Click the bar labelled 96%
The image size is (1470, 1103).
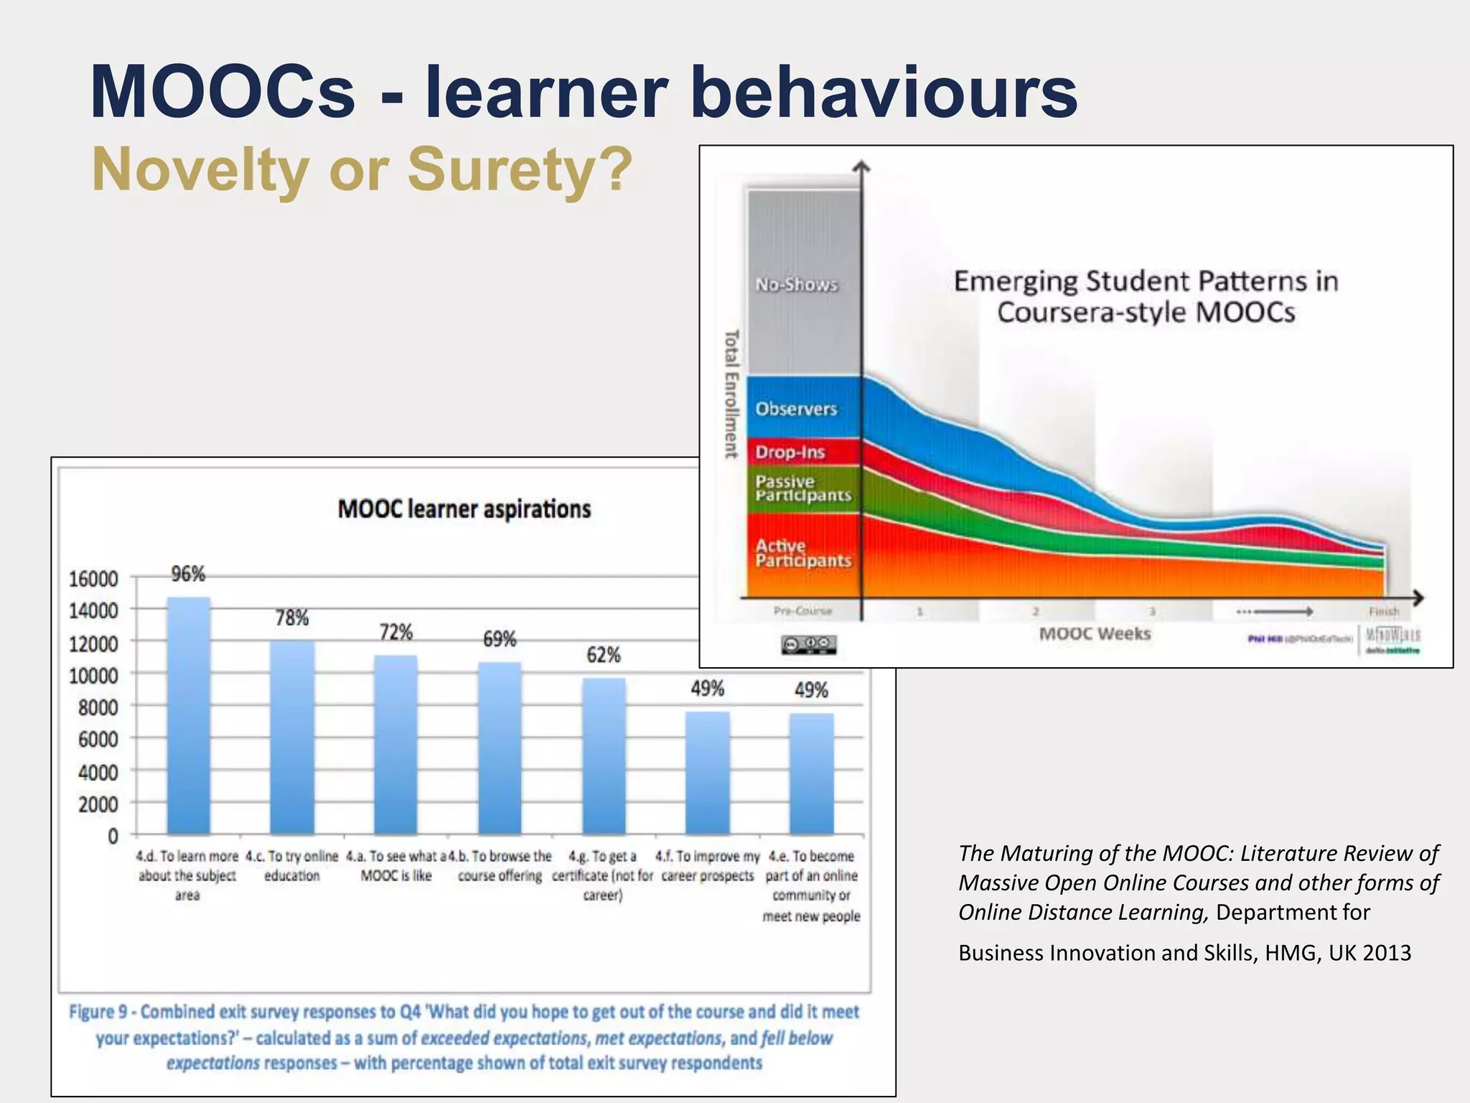tap(188, 715)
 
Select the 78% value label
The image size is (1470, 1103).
tap(291, 618)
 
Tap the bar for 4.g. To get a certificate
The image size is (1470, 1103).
tap(603, 755)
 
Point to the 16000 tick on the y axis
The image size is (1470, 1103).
tap(93, 579)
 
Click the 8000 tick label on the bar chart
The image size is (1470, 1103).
tap(98, 707)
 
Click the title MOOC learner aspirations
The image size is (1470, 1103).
tap(464, 509)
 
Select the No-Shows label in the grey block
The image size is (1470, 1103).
tap(796, 285)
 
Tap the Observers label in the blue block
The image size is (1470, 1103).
tap(796, 409)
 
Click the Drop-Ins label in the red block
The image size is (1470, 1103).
tap(790, 452)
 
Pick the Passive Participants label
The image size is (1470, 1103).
tap(802, 488)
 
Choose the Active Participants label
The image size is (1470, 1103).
tap(802, 553)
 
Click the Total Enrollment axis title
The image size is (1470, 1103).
tap(731, 394)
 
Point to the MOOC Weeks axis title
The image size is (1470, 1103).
tap(1095, 634)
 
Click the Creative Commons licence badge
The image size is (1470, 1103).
tap(808, 644)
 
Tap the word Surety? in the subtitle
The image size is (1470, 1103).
tap(520, 169)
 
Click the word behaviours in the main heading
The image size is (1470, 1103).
tap(884, 93)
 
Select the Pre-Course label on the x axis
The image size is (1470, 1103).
tap(802, 611)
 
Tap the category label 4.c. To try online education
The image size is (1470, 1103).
tap(291, 866)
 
